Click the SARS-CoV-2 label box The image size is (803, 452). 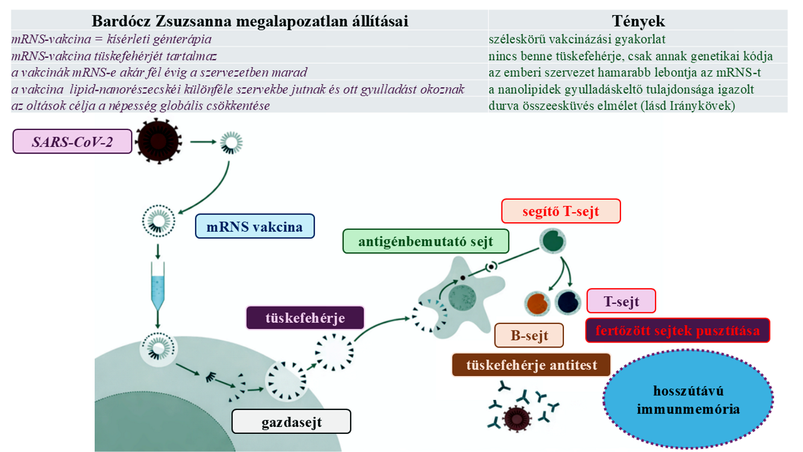coord(72,142)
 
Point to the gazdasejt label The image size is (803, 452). coord(291,422)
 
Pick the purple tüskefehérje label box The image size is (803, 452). coord(305,318)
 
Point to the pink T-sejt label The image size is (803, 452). coord(621,301)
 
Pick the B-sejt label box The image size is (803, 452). coord(529,335)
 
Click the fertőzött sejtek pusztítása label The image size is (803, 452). coord(677,331)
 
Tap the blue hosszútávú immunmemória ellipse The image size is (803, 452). coord(689,399)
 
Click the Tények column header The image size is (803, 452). coord(638,21)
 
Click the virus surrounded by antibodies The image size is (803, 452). coord(516,419)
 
